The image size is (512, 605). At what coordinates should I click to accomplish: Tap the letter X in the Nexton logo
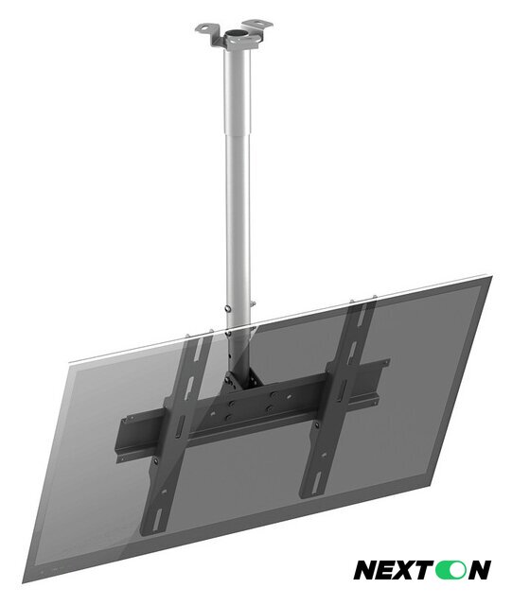[x=404, y=570]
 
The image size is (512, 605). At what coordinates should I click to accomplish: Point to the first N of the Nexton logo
[x=365, y=570]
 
